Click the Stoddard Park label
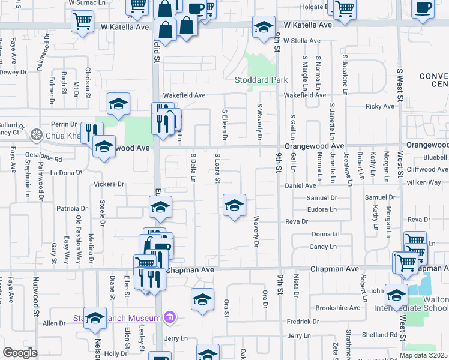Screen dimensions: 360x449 [x=261, y=80]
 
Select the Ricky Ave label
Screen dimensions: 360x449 [x=380, y=106]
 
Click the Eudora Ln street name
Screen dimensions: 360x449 [x=321, y=209]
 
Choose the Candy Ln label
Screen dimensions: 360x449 [x=322, y=247]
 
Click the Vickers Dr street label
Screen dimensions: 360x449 [x=109, y=184]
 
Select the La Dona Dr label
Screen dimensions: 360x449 [x=66, y=173]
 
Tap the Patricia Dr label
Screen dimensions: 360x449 [x=72, y=208]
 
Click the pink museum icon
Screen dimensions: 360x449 [x=169, y=317]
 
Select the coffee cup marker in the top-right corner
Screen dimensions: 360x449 [x=423, y=9]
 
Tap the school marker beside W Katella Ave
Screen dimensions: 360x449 [x=264, y=27]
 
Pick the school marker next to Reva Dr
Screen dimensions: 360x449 [x=234, y=206]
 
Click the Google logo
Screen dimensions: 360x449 [x=20, y=352]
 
